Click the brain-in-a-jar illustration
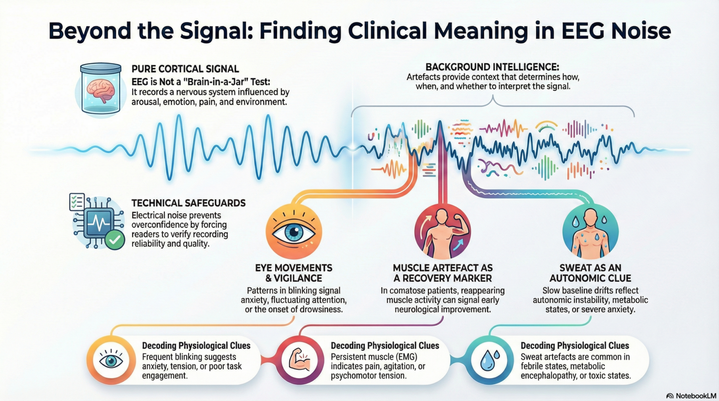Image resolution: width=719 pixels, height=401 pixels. click(101, 89)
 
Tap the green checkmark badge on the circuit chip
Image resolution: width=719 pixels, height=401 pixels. click(115, 240)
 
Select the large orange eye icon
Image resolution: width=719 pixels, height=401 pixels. click(293, 231)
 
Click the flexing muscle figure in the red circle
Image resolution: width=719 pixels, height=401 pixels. click(442, 231)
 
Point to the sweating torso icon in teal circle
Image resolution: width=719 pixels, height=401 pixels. click(590, 231)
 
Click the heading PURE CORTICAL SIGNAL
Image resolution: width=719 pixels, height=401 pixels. click(185, 69)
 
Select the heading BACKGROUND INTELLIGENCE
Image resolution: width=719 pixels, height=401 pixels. click(492, 67)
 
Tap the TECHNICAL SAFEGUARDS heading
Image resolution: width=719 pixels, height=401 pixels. click(188, 203)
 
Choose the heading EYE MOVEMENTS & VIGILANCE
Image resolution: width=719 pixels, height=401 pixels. click(293, 273)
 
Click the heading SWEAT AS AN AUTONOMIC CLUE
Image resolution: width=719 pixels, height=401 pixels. click(590, 273)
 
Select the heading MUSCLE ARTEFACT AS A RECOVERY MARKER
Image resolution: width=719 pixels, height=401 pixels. click(442, 273)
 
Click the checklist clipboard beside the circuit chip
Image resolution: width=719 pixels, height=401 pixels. click(77, 202)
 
